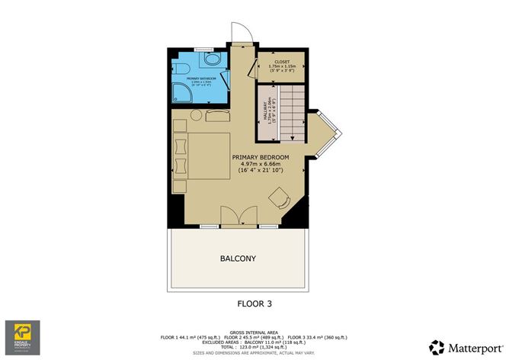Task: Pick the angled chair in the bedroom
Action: click(x=280, y=199)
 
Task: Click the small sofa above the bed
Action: click(x=217, y=114)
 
